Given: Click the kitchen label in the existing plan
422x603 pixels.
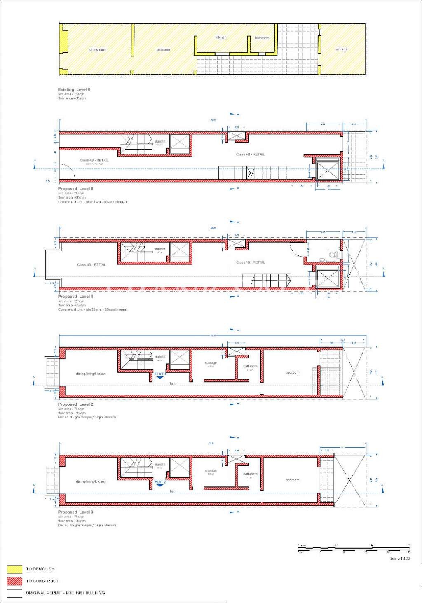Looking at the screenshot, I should (x=221, y=37).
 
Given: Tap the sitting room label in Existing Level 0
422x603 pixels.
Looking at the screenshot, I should (x=98, y=50).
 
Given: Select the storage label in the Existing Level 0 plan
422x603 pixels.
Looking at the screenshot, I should (x=341, y=49).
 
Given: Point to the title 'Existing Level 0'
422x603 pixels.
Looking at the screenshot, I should (x=74, y=89).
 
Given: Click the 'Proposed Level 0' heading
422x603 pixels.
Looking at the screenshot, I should (x=75, y=189).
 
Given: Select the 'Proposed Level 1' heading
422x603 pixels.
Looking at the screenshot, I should (x=75, y=297).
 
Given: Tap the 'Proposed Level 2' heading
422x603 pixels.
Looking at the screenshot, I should (x=75, y=404).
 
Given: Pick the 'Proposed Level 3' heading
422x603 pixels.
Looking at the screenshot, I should (x=75, y=512).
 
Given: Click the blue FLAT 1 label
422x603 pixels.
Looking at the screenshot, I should (x=160, y=374).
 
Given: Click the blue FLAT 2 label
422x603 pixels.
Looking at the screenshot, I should (x=160, y=482).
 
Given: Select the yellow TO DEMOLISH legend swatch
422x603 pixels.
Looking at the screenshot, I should (x=14, y=569).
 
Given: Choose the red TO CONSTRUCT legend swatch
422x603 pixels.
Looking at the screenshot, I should (x=14, y=581).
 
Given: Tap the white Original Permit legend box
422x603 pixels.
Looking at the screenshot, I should (x=14, y=593).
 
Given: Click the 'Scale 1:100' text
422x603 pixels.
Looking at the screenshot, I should (x=400, y=559).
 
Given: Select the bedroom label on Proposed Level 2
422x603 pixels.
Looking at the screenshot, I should (x=292, y=372).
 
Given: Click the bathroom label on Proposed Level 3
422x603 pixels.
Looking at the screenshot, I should (x=250, y=474).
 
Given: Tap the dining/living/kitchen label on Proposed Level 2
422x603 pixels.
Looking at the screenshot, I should (x=91, y=374).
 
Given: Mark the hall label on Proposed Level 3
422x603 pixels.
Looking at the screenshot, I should (x=173, y=491).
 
